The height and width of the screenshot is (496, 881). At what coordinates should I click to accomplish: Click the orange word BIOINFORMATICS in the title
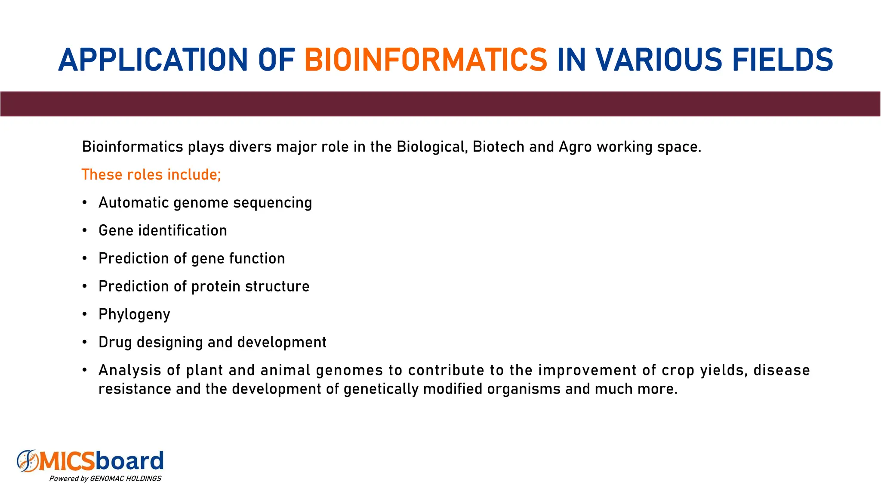(425, 60)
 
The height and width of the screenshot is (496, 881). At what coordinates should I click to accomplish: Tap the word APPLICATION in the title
(153, 60)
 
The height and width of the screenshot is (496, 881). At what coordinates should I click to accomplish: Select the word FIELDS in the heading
(782, 60)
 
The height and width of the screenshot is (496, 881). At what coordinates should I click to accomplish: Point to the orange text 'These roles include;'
(151, 174)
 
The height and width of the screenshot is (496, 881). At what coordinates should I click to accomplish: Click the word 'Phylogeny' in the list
(134, 314)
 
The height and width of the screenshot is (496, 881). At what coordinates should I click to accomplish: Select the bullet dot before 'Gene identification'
(85, 230)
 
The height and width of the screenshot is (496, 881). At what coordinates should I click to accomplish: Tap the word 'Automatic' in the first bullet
(133, 202)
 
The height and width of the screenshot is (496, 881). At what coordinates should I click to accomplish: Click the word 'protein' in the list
(216, 286)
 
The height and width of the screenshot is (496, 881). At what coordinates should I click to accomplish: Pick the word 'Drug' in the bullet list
(115, 342)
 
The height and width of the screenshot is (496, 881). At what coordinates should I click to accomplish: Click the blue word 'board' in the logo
(129, 461)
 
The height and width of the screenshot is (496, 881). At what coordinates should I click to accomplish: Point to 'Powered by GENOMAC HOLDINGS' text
(105, 479)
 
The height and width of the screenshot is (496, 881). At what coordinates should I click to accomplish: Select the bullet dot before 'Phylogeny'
(85, 314)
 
